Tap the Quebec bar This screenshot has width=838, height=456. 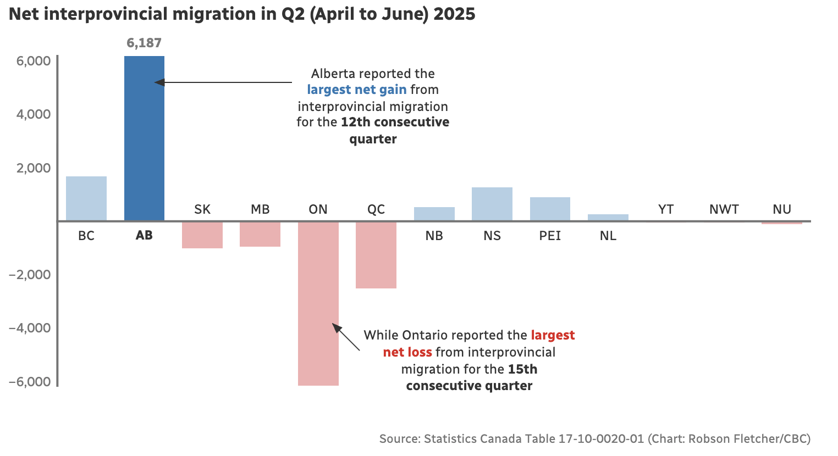coord(376,255)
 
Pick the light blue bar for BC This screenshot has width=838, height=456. coord(86,198)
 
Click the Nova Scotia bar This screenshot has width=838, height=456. coord(492,204)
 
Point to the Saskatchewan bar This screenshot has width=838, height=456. coord(202,235)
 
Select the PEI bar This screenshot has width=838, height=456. coord(550,209)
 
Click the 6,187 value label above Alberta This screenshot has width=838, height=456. coord(144,43)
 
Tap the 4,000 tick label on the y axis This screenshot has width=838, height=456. coord(34,114)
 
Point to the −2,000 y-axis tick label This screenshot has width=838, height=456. coord(30,275)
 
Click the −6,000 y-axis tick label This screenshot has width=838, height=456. coord(30,382)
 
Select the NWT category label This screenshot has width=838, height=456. coord(724,209)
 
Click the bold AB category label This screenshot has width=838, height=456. coord(144,235)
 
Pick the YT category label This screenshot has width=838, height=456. coord(666,209)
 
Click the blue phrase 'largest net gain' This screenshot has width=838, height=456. coord(357,90)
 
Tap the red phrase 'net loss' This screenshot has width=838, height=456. coord(407,352)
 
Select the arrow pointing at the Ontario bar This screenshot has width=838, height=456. coord(346,337)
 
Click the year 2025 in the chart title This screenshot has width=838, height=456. coord(454,14)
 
